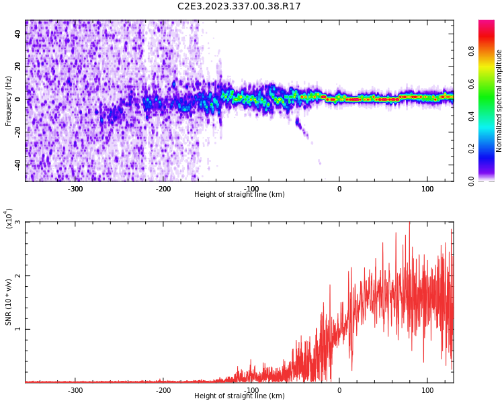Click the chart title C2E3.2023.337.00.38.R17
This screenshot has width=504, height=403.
[x=239, y=7]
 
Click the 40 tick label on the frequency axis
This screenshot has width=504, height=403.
[x=17, y=34]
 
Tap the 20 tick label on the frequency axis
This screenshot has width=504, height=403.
[x=17, y=66]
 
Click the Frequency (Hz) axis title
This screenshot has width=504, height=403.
[x=8, y=101]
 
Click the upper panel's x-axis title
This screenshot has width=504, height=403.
[x=239, y=195]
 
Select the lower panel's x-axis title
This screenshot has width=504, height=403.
[x=239, y=396]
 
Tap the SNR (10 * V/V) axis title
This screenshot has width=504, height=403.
[x=9, y=302]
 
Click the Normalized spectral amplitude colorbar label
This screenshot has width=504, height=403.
[x=499, y=101]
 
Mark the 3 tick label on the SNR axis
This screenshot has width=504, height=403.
[x=17, y=222]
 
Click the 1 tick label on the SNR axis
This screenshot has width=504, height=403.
[x=17, y=329]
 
